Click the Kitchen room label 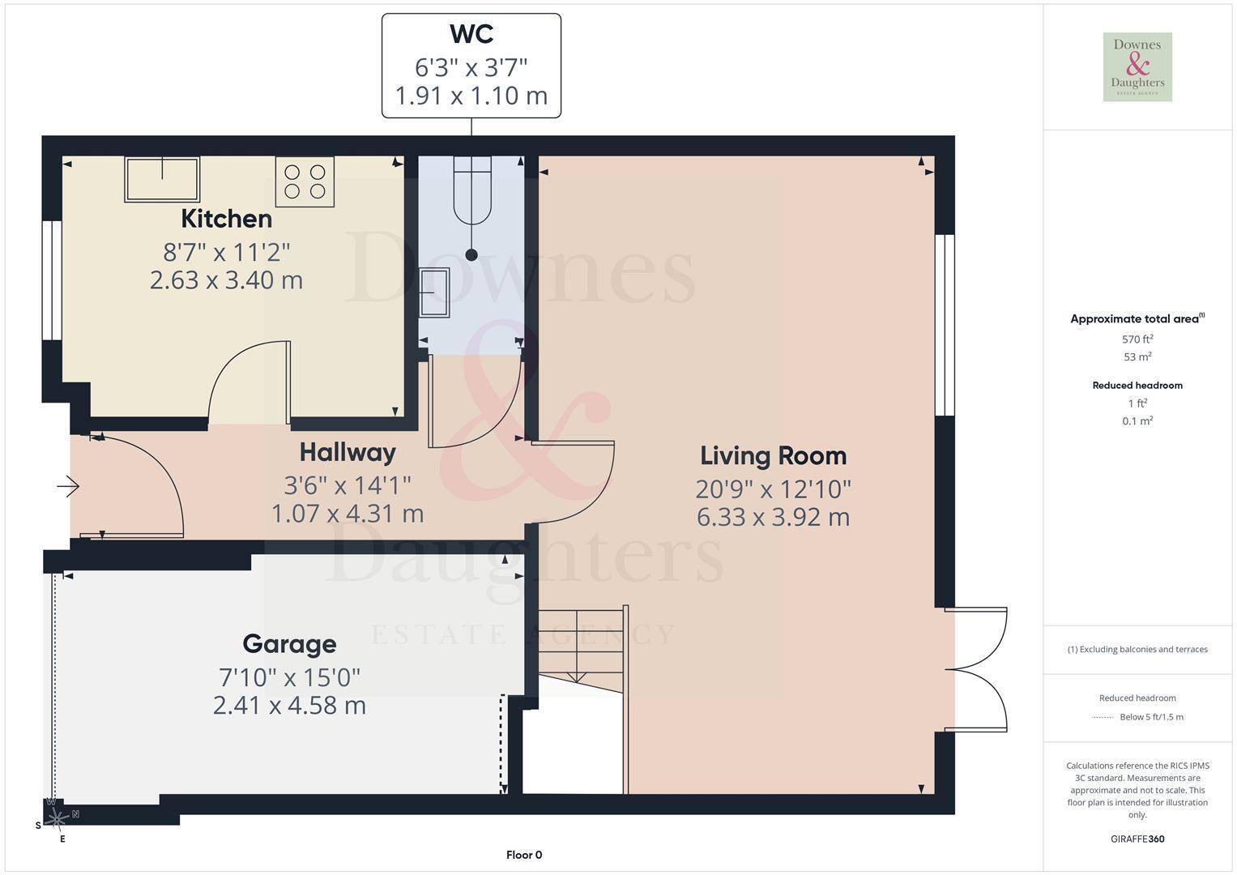point(226,219)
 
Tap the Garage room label point(289,644)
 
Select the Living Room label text point(773,456)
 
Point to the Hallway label point(348,453)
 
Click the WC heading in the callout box point(471,34)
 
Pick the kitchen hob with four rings point(305,181)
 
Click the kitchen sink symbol point(162,179)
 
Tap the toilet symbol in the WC point(472,190)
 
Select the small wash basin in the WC point(434,292)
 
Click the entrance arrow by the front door point(68,487)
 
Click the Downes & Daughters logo point(1137,66)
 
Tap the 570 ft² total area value point(1137,339)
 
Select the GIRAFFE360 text point(1137,839)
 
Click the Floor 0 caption point(524,855)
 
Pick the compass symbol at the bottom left point(57,819)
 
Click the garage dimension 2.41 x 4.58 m point(289,706)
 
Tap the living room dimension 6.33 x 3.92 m point(773,517)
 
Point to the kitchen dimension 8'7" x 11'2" point(226,253)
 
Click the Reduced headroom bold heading point(1137,385)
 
